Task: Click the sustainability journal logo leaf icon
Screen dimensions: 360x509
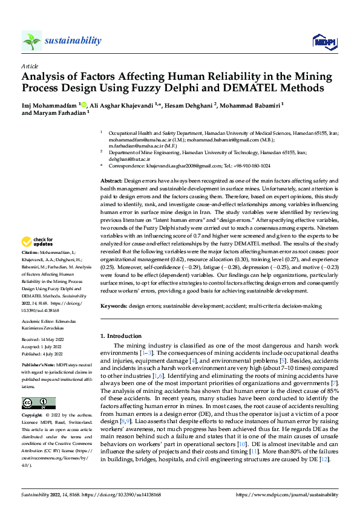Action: click(x=32, y=41)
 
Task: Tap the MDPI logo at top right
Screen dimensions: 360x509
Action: click(x=324, y=41)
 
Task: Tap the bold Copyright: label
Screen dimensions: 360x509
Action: click(x=33, y=417)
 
